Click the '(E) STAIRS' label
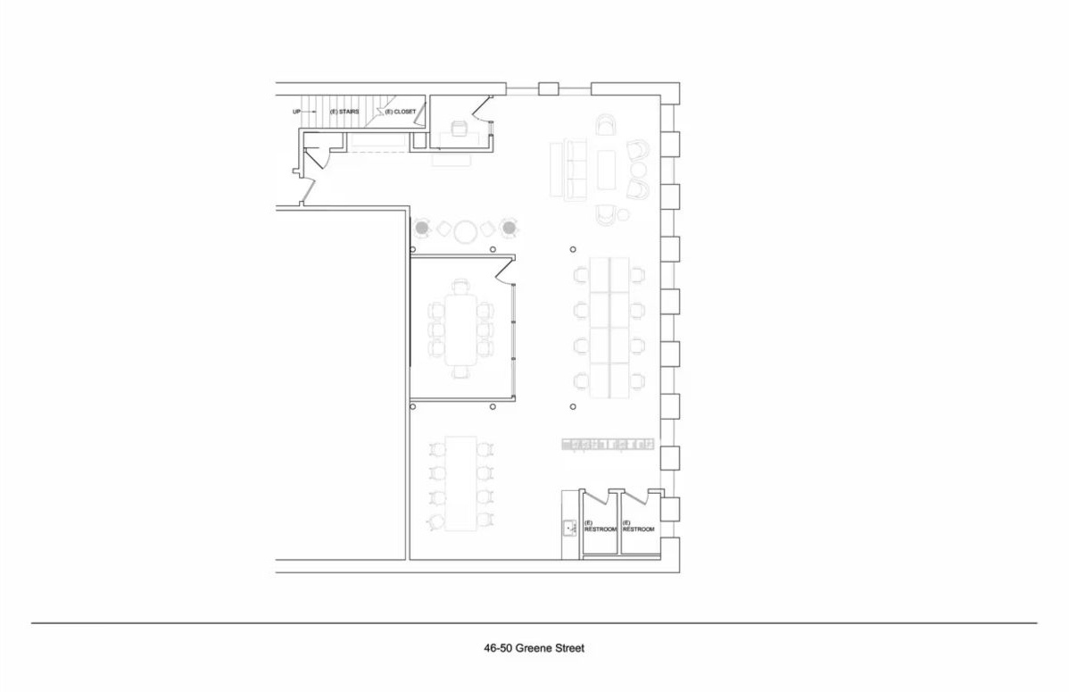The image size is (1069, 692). (x=344, y=112)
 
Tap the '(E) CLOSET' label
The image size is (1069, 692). (x=400, y=112)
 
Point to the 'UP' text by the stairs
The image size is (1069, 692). (x=296, y=112)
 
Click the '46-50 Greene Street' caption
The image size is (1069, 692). (x=534, y=648)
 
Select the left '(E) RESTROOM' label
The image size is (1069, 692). (x=600, y=526)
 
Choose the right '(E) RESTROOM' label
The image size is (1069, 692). (x=638, y=526)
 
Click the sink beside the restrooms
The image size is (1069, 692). (x=569, y=527)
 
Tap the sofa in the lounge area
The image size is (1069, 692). (x=568, y=170)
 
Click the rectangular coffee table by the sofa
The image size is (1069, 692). (x=606, y=170)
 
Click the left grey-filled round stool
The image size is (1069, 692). (x=422, y=228)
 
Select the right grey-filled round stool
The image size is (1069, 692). (x=509, y=228)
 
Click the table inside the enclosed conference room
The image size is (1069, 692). (x=462, y=329)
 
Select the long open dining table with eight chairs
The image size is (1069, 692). (x=461, y=482)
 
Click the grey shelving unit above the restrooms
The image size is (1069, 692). (x=608, y=445)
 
